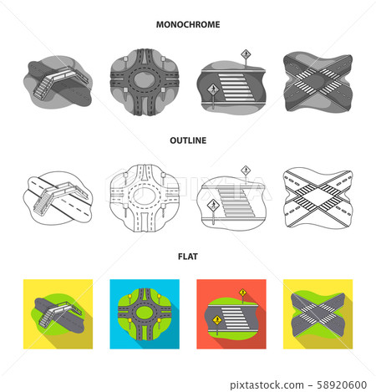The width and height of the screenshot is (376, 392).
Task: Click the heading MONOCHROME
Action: coord(188,25)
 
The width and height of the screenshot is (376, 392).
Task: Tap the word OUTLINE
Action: coord(188,141)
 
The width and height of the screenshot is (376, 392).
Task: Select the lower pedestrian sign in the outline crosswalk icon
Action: coord(213,204)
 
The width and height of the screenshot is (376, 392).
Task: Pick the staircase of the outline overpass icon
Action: coord(44,200)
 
